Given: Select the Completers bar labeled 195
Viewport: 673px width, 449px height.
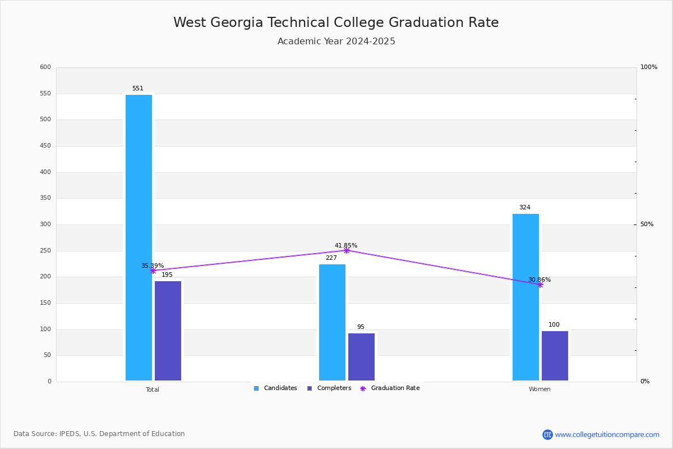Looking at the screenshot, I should coord(168,331).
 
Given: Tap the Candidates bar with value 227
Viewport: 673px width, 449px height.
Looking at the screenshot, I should coord(332,322).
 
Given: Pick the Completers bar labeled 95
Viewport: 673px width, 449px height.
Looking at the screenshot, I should coord(361,357).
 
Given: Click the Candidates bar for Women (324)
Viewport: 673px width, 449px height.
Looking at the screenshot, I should coord(526,297).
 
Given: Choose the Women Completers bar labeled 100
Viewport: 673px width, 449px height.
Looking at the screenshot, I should coord(555,356).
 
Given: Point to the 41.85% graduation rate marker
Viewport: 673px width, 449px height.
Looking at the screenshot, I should coord(347,250).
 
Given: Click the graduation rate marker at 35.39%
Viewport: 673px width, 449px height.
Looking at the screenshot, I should coord(153,271).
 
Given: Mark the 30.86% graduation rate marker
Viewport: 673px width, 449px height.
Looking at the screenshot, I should coord(540,285).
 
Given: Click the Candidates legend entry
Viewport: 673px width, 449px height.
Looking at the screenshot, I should coord(275,388).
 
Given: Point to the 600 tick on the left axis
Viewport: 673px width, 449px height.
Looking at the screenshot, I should coord(45,67).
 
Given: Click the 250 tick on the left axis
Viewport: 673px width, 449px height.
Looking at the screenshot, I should coord(45,251).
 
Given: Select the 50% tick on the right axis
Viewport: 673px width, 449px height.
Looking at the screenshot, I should coord(647,224).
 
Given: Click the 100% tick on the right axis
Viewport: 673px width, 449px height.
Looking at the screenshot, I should coord(649,67).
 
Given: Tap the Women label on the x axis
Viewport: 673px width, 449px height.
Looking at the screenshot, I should coord(540,390).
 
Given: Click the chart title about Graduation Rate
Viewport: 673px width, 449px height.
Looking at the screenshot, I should coord(336,22).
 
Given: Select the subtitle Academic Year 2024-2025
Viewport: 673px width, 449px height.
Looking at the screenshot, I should coord(336,42).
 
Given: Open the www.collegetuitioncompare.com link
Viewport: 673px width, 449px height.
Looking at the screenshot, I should coord(607,434).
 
